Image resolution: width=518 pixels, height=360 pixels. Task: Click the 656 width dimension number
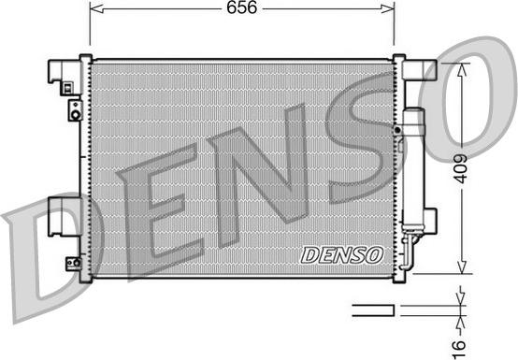(241, 7)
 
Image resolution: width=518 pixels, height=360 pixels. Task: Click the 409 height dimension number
(460, 168)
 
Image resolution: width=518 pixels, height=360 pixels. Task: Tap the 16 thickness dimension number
(459, 346)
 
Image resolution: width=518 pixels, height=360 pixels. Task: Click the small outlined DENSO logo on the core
(342, 255)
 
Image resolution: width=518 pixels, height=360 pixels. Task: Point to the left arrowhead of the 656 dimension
(96, 9)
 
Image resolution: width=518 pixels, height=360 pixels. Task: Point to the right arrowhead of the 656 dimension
(387, 9)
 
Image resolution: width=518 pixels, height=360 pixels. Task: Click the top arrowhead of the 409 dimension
(462, 69)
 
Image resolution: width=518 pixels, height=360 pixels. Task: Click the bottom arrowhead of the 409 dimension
(462, 266)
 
